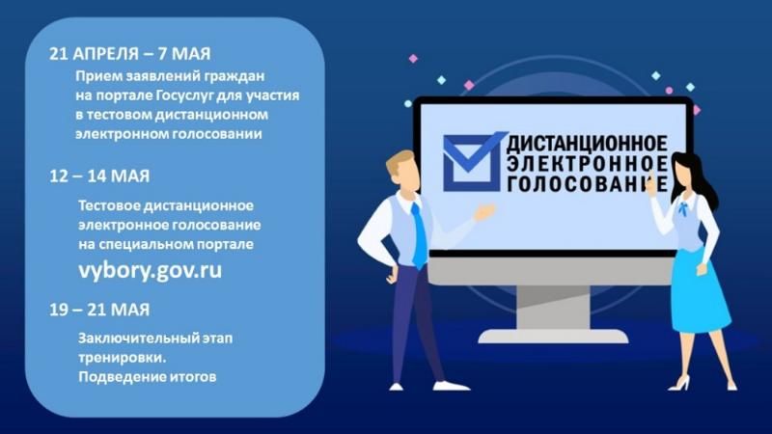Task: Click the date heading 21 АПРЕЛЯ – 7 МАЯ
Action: click(x=130, y=54)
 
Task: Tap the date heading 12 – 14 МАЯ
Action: click(x=99, y=177)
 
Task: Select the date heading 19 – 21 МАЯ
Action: click(x=99, y=310)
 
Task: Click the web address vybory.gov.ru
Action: click(x=150, y=269)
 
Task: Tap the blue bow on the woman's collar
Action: click(x=686, y=207)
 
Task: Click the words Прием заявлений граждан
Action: click(x=173, y=77)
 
